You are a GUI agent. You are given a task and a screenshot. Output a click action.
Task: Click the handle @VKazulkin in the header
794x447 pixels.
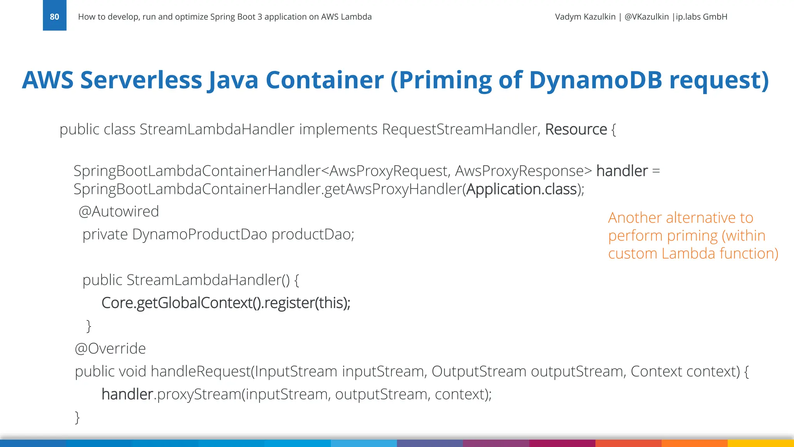click(646, 17)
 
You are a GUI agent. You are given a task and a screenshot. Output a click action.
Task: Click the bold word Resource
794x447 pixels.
click(576, 129)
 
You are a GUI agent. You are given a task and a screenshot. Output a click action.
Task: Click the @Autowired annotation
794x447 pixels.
click(119, 211)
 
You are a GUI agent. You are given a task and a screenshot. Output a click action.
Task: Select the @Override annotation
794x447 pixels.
click(110, 348)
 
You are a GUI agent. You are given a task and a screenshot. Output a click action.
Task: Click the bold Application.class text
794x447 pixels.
click(521, 189)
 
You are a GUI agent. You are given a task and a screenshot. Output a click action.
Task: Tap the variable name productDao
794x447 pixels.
click(312, 234)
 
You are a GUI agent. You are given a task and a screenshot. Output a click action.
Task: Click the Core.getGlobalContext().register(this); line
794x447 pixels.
click(226, 303)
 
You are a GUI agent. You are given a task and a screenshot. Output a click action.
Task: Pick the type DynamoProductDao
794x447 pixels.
click(199, 234)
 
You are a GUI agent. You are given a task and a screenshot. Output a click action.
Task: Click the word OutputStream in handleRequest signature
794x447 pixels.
click(479, 371)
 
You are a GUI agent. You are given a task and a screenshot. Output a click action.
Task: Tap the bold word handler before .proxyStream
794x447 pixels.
click(127, 394)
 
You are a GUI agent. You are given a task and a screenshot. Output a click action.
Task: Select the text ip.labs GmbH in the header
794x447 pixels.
click(701, 17)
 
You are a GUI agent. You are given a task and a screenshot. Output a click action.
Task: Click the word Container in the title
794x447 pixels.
click(325, 80)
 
